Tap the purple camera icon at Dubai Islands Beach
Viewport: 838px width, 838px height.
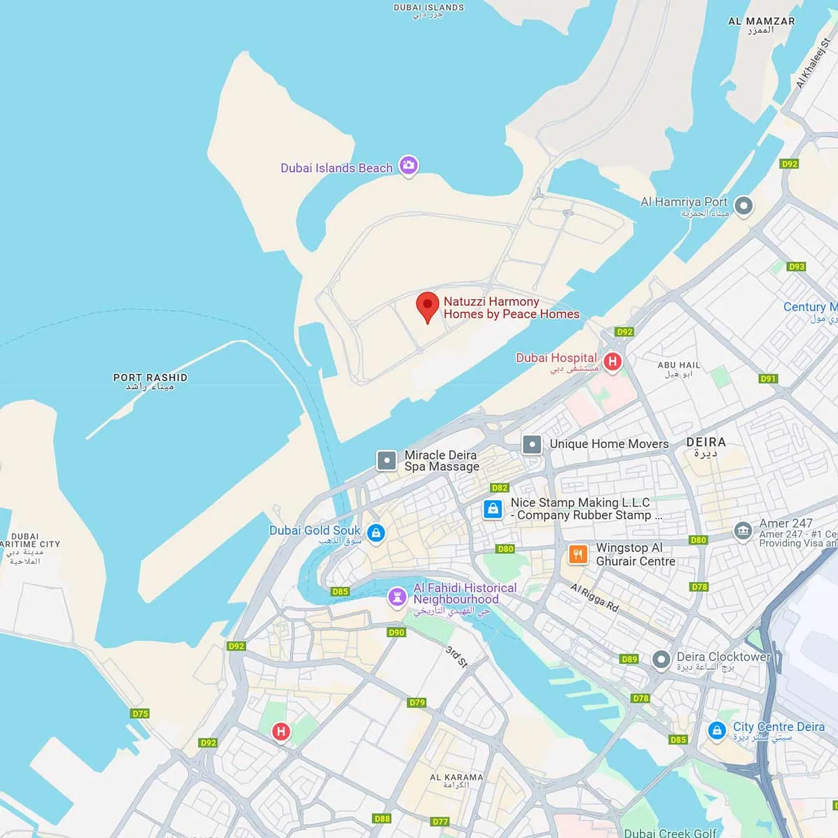pyautogui.click(x=409, y=165)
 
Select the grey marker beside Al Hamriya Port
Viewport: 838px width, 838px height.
pyautogui.click(x=743, y=206)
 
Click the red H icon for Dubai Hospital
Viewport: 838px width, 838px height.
pyautogui.click(x=612, y=361)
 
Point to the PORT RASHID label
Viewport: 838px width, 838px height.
pyautogui.click(x=150, y=377)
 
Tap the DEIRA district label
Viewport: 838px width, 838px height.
pyautogui.click(x=706, y=442)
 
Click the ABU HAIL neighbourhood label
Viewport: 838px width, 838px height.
pyautogui.click(x=678, y=365)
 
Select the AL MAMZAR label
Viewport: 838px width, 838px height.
pyautogui.click(x=761, y=21)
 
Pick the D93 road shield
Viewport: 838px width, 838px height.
pyautogui.click(x=796, y=266)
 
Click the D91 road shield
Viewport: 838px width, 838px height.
pyautogui.click(x=768, y=379)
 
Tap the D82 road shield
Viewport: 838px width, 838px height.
pyautogui.click(x=499, y=488)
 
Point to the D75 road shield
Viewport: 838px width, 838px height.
pyautogui.click(x=140, y=713)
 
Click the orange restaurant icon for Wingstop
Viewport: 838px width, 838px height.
pyautogui.click(x=578, y=554)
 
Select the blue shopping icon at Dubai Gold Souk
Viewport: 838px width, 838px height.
pyautogui.click(x=376, y=533)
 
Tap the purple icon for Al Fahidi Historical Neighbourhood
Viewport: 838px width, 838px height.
pyautogui.click(x=397, y=597)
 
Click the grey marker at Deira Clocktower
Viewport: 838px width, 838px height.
pyautogui.click(x=661, y=660)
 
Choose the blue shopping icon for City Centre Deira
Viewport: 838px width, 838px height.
pyautogui.click(x=716, y=731)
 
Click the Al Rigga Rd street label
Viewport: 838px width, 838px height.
pyautogui.click(x=594, y=597)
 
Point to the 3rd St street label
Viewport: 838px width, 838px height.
pyautogui.click(x=456, y=657)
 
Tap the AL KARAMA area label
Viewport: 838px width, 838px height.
pyautogui.click(x=456, y=777)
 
